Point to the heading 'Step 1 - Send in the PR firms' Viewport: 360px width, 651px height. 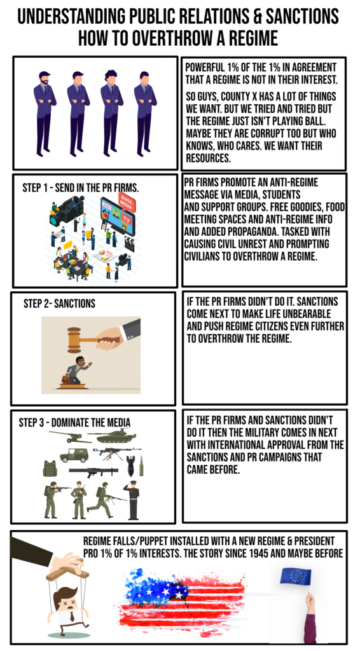[x=80, y=189]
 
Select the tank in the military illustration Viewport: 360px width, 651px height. [x=112, y=437]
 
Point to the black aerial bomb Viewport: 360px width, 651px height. [x=130, y=460]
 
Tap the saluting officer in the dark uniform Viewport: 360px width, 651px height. [x=132, y=499]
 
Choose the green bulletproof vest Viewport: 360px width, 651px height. [x=49, y=469]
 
